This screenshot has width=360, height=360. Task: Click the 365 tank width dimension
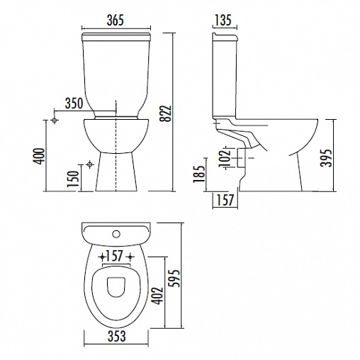coord(116,20)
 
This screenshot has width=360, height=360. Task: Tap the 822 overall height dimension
coord(165,113)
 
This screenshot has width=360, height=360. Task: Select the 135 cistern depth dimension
coord(223,20)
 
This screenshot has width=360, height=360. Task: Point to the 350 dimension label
coord(74,103)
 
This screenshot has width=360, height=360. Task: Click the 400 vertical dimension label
coord(39,156)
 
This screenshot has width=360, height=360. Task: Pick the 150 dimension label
coord(73,179)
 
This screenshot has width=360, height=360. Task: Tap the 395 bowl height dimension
coord(326,158)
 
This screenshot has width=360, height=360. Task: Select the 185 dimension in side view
coord(198,174)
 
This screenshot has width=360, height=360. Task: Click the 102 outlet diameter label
coord(225,157)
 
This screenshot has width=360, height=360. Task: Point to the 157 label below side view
coord(225,200)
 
